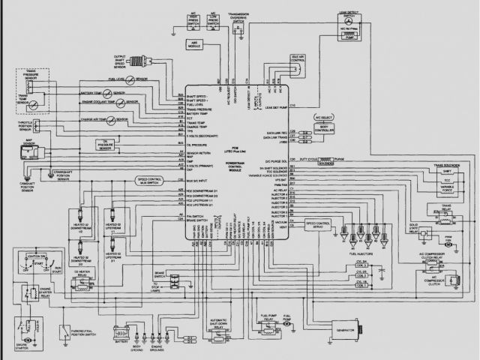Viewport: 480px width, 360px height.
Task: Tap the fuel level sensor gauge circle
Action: pyautogui.click(x=130, y=79)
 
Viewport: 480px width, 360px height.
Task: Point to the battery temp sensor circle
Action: pyautogui.click(x=109, y=92)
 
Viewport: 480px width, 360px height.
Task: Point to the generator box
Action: pyautogui.click(x=346, y=330)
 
